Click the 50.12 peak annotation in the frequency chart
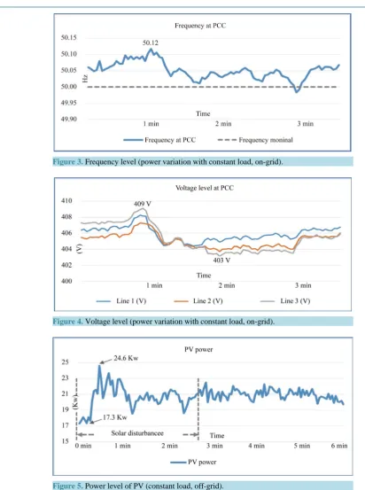tap(151, 43)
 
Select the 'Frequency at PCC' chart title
tap(200, 26)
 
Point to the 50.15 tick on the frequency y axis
tap(69, 37)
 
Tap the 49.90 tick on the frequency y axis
tap(69, 119)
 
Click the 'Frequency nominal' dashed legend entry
tap(255, 140)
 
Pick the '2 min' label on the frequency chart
tap(223, 124)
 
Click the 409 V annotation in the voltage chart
tap(143, 204)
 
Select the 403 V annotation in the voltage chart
tap(221, 260)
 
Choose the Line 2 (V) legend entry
tap(198, 301)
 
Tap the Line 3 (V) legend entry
tap(285, 301)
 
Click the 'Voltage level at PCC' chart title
tap(205, 188)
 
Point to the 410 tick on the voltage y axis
tap(66, 200)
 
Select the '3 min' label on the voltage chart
tap(303, 285)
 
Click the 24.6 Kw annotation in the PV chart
tap(126, 358)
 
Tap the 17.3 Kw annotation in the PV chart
tap(115, 417)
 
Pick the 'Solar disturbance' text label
tap(137, 433)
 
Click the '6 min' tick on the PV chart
tap(339, 446)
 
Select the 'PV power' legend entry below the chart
tap(193, 463)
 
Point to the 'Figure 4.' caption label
tap(68, 322)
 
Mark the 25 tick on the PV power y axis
tap(65, 362)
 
